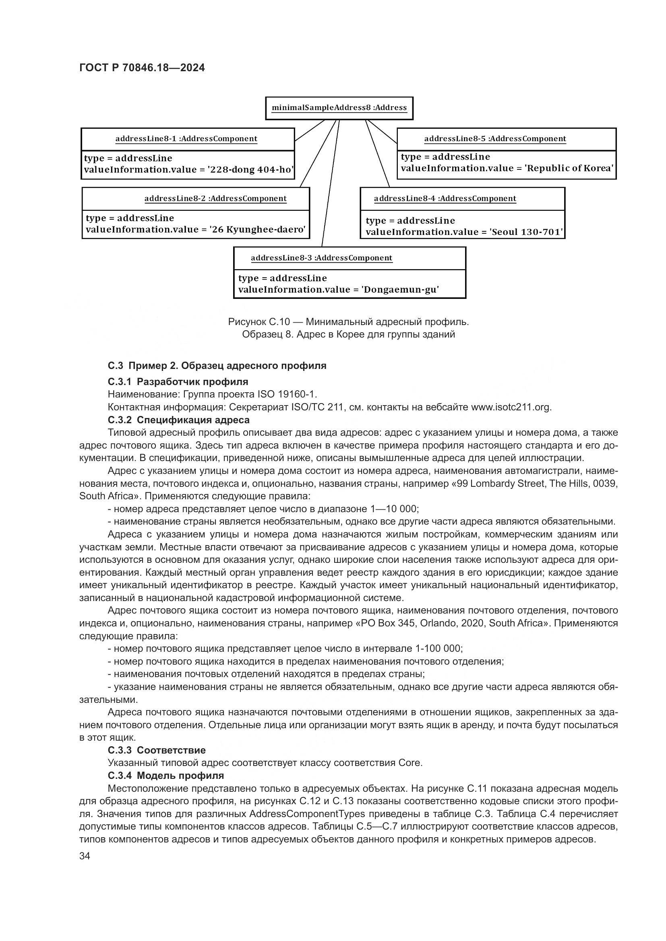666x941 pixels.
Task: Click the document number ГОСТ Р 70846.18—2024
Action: point(142,68)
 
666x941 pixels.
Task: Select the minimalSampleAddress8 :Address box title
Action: point(339,108)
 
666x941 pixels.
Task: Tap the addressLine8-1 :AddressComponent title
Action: point(186,139)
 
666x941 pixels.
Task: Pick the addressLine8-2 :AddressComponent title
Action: point(215,199)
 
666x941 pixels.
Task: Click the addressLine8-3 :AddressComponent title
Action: point(321,258)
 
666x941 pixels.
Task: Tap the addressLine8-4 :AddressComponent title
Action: point(445,199)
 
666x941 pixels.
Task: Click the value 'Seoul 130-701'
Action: point(527,233)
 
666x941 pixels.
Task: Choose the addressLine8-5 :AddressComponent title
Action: point(495,139)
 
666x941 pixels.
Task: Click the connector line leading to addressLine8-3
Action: point(331,184)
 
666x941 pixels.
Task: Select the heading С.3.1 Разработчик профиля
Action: point(178,382)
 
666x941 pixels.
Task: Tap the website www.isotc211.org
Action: point(511,408)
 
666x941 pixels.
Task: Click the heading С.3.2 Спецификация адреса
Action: point(178,420)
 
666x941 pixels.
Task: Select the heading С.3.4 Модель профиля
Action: point(165,775)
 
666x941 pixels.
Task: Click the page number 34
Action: point(85,856)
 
